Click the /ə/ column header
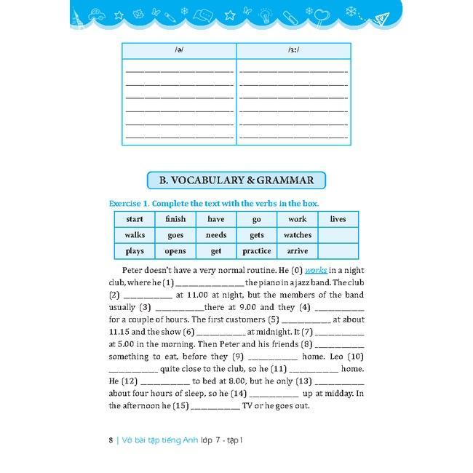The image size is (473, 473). pyautogui.click(x=178, y=51)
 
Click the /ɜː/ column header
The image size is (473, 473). pyautogui.click(x=293, y=51)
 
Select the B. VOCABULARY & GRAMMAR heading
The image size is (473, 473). pyautogui.click(x=236, y=180)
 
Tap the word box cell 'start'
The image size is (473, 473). pyautogui.click(x=135, y=219)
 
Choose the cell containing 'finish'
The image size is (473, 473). pyautogui.click(x=175, y=219)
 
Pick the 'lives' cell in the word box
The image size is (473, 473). pyautogui.click(x=338, y=219)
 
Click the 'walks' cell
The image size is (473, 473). pyautogui.click(x=135, y=235)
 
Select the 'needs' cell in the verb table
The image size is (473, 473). pyautogui.click(x=216, y=235)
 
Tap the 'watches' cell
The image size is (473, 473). pyautogui.click(x=297, y=235)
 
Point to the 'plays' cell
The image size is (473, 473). pyautogui.click(x=135, y=251)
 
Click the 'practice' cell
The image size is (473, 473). pyautogui.click(x=256, y=251)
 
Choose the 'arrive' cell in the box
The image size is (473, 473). pyautogui.click(x=297, y=251)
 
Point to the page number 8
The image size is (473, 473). pyautogui.click(x=110, y=440)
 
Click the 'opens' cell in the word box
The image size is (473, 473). pyautogui.click(x=175, y=251)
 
